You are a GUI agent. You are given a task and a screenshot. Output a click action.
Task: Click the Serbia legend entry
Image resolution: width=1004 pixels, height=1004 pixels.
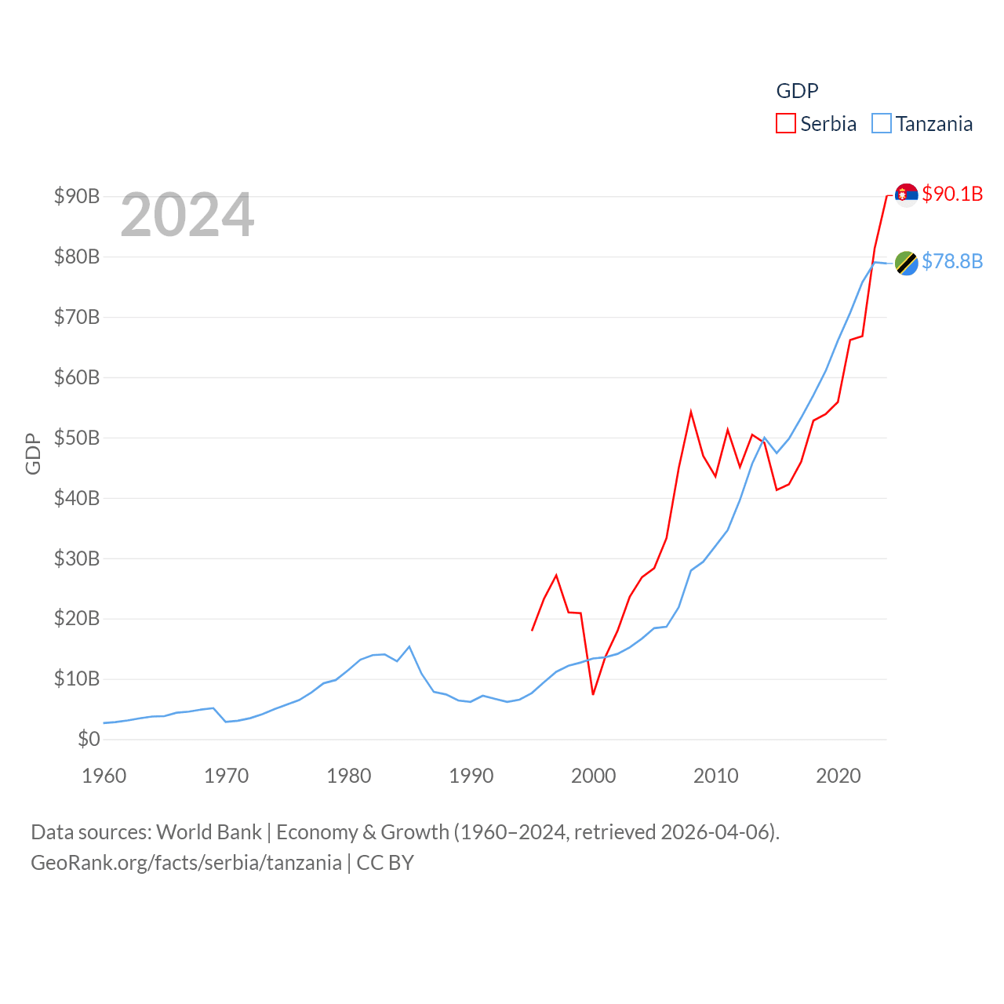click(817, 124)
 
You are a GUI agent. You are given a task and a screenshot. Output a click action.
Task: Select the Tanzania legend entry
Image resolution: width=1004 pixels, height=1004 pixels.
click(922, 124)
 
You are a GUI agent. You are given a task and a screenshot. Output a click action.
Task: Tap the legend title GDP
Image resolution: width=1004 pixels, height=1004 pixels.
click(797, 91)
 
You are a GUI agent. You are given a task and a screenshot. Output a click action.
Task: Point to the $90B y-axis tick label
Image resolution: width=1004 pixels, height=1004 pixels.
click(77, 196)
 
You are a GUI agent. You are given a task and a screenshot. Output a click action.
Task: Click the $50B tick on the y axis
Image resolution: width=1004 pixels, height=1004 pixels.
click(77, 438)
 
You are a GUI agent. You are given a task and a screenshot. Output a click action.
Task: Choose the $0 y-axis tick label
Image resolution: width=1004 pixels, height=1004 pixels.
click(89, 739)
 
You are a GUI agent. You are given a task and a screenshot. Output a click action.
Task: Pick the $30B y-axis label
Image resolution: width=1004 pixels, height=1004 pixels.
click(77, 558)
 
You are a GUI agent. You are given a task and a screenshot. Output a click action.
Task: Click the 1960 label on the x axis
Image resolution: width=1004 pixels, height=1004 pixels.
click(104, 776)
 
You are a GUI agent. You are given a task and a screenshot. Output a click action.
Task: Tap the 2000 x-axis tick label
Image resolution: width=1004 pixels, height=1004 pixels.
click(594, 776)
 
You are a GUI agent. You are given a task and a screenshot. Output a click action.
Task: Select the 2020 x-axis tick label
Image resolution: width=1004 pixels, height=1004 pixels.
click(838, 776)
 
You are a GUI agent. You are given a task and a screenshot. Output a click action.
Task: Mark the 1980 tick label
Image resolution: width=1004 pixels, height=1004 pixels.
click(349, 776)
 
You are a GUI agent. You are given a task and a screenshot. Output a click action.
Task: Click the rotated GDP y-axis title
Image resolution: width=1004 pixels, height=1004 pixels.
click(33, 453)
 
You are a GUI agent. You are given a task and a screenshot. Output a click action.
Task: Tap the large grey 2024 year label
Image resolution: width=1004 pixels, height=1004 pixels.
click(187, 214)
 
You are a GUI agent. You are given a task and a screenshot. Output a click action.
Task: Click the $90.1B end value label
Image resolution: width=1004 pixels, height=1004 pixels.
click(952, 194)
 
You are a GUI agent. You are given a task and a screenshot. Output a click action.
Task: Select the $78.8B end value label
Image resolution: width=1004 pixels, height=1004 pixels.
click(952, 261)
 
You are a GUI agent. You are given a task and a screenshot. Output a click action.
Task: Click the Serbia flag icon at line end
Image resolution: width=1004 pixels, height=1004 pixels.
click(906, 195)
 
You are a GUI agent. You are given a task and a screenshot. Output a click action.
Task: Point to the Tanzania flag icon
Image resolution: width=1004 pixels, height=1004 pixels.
click(906, 264)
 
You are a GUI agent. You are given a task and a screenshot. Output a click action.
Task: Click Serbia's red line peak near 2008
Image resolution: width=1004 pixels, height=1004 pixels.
click(691, 412)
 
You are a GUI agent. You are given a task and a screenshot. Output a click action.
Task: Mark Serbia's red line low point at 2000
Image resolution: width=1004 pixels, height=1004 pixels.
click(593, 693)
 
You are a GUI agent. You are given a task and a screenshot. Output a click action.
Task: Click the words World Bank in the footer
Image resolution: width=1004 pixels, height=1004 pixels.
click(209, 831)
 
